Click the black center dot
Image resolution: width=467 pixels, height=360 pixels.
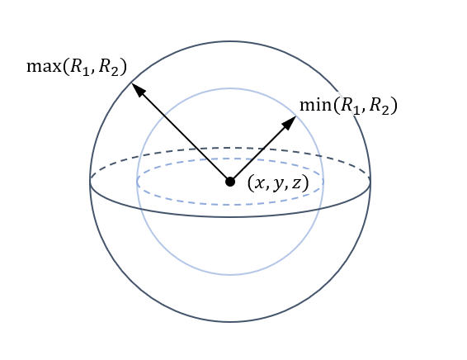pos(230,182)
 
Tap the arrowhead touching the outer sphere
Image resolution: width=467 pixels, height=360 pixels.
pos(138,89)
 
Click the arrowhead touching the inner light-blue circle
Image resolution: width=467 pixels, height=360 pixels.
pos(290,122)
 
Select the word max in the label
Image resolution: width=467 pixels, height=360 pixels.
pos(44,66)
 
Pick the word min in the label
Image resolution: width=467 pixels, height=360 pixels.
pos(316,105)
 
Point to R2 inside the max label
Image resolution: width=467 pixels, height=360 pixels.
pos(108,67)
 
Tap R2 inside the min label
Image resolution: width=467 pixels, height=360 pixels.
pos(380,106)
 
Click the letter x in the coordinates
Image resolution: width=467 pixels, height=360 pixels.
pos(259,184)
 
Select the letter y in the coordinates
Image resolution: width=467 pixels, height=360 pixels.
pos(277,185)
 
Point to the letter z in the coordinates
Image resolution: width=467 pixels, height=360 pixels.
pos(296,184)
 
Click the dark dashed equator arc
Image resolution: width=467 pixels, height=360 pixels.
pos(230,147)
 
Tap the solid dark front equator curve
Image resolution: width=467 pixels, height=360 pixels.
pos(230,216)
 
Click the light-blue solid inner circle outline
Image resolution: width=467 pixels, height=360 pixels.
pos(230,274)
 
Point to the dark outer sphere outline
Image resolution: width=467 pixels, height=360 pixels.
pos(230,321)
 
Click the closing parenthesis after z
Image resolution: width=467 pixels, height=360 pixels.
pos(305,183)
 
